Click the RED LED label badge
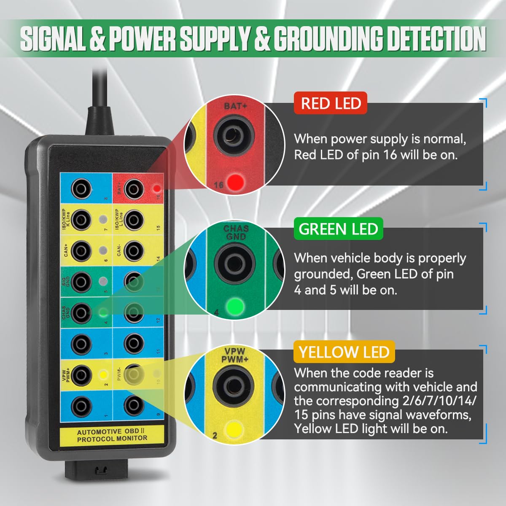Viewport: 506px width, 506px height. [x=331, y=103]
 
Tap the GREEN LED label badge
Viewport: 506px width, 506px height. [x=338, y=229]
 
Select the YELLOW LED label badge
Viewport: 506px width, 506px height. [x=344, y=352]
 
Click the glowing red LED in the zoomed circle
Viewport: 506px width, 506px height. [x=235, y=182]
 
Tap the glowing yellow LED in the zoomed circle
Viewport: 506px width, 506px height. [x=234, y=429]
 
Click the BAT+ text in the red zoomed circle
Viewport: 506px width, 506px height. [x=235, y=106]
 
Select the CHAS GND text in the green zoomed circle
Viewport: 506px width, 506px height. [x=236, y=232]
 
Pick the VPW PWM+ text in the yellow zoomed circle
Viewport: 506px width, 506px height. [x=235, y=355]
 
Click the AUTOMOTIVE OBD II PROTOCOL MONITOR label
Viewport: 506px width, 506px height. [x=112, y=435]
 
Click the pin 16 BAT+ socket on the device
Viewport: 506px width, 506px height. [x=134, y=188]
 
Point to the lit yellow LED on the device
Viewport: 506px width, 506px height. [x=102, y=374]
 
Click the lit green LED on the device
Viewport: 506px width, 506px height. [x=102, y=312]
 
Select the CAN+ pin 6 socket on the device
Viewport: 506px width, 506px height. [x=81, y=251]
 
